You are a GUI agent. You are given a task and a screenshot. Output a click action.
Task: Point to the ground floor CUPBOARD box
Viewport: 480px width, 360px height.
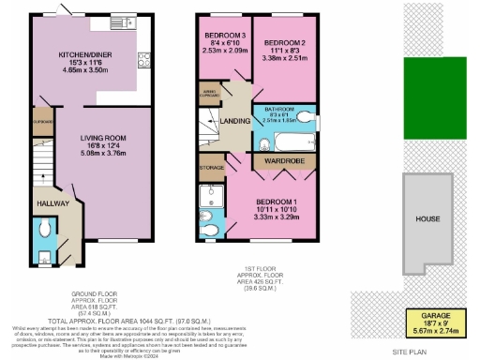(x=42, y=122)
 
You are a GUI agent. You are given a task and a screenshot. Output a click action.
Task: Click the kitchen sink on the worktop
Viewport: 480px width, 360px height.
(x=121, y=22)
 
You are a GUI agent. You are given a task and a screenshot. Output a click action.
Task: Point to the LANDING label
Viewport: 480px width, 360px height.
(x=232, y=119)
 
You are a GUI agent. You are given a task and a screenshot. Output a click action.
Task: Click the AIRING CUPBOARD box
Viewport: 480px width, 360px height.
(x=210, y=92)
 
